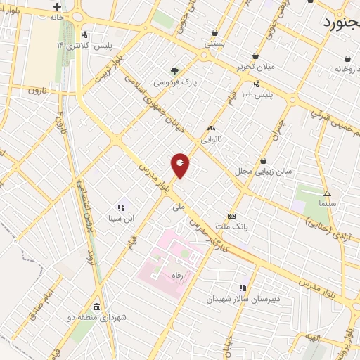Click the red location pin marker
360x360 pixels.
coord(180,165)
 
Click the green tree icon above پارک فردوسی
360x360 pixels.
coord(174,71)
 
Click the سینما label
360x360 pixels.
coord(327,202)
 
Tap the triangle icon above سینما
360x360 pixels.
coord(326,193)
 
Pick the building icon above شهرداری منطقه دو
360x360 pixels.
coord(96,307)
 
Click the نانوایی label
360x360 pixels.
coord(211,139)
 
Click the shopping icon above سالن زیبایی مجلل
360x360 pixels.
coord(263,160)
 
